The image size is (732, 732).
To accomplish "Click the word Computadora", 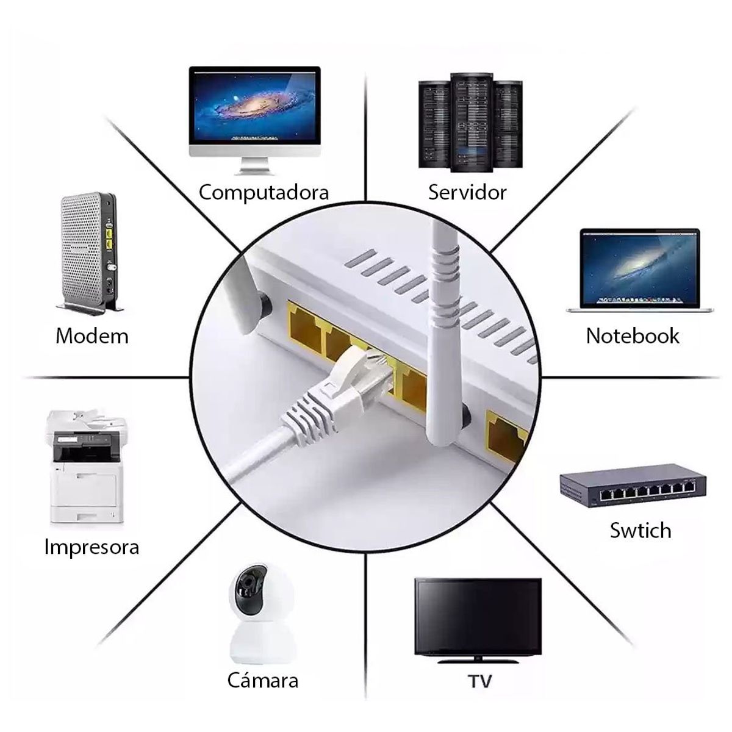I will pyautogui.click(x=264, y=193).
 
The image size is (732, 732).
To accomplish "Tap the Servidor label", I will pyautogui.click(x=467, y=192).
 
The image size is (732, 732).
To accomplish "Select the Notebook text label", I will pyautogui.click(x=632, y=335).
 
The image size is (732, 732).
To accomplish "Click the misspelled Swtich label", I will pyautogui.click(x=640, y=530).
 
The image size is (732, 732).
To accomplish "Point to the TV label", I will pyautogui.click(x=480, y=681).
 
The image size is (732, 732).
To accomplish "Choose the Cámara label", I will pyautogui.click(x=263, y=680).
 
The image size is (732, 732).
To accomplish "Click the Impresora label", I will pyautogui.click(x=91, y=547).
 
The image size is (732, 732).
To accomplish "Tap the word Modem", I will pyautogui.click(x=92, y=335).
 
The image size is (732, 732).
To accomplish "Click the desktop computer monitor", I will pyautogui.click(x=254, y=107).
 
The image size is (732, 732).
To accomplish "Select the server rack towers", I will pyautogui.click(x=471, y=120).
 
